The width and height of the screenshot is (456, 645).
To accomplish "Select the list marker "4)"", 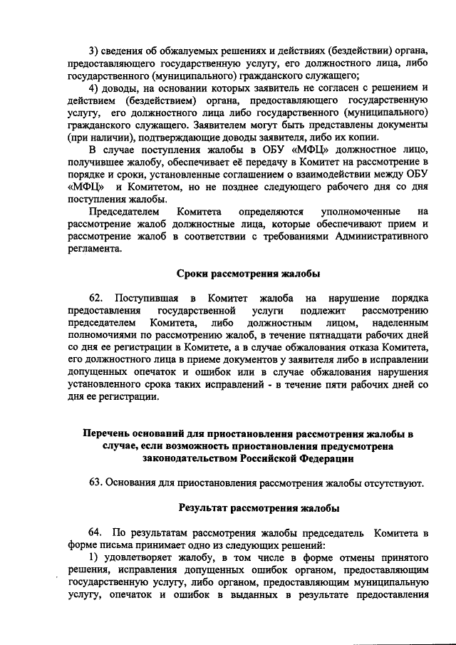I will click(x=93, y=88).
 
